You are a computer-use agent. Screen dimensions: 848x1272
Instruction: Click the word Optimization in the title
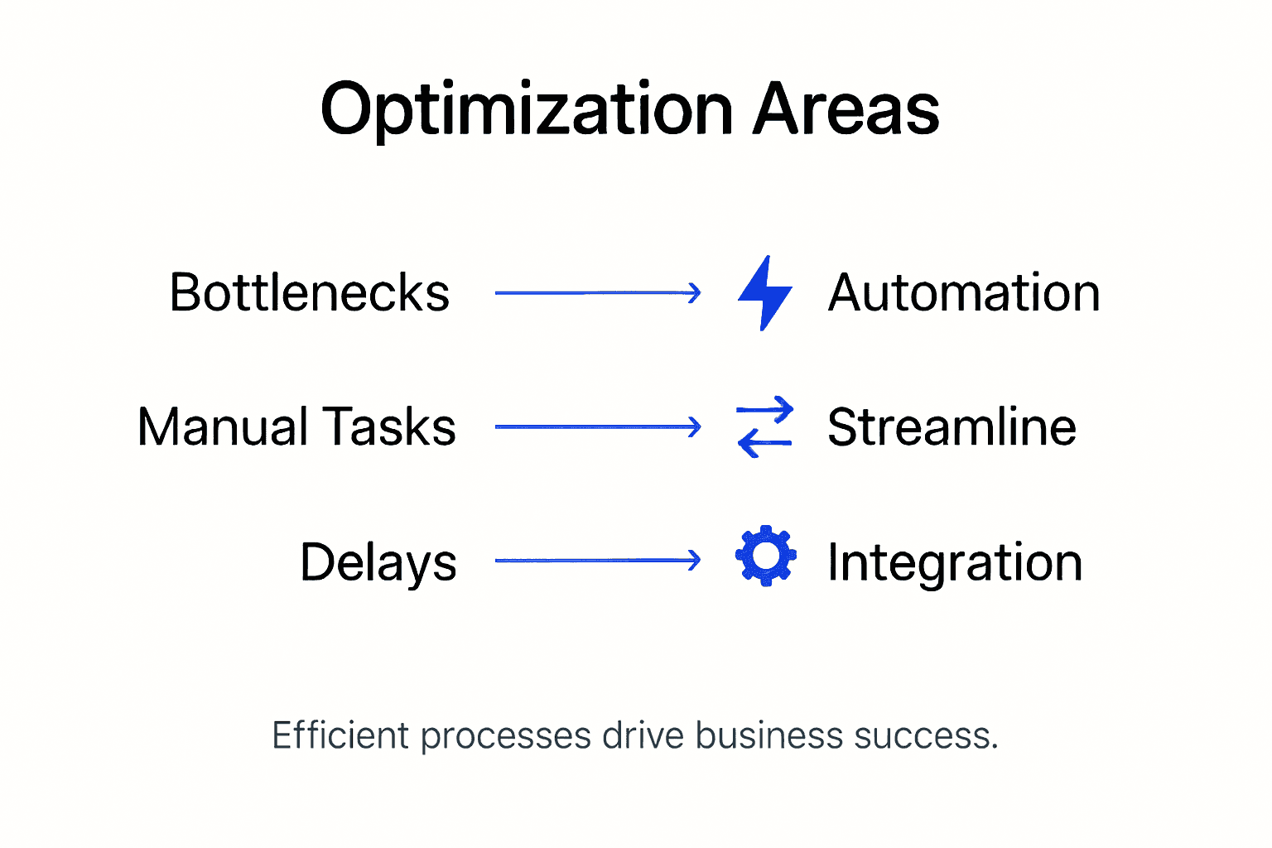(x=527, y=110)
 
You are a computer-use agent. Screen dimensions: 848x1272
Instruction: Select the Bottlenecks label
(x=309, y=293)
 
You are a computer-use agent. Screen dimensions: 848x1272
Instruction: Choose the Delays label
(x=378, y=563)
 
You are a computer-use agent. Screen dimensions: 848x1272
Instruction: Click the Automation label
(x=963, y=293)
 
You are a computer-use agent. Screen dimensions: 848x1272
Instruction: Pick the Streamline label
(x=952, y=427)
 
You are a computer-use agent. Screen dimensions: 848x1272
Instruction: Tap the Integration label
(x=955, y=563)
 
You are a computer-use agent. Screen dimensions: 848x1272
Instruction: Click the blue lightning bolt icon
(x=764, y=293)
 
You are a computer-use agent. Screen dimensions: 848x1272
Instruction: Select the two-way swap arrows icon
(x=764, y=427)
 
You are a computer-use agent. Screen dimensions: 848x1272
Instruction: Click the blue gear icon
(x=766, y=556)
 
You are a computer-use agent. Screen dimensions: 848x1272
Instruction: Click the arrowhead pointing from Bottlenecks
(x=694, y=292)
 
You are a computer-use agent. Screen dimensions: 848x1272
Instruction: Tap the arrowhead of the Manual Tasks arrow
(x=694, y=427)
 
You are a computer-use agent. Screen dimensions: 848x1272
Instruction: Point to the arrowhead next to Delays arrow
(x=694, y=561)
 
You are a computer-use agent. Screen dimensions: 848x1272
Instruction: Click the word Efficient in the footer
(x=340, y=735)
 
